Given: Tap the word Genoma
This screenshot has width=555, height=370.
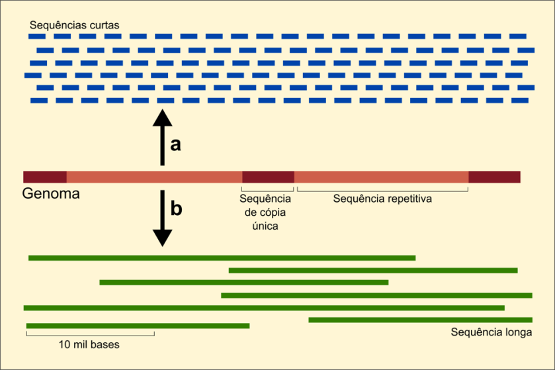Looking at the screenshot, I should tap(51, 195).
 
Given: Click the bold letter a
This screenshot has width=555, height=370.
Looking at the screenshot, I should tap(175, 144).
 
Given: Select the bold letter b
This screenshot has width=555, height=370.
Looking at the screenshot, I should tap(176, 209).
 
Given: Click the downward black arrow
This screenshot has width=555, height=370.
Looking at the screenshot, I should tap(162, 218).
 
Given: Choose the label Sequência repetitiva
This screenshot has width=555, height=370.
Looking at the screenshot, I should tap(382, 199).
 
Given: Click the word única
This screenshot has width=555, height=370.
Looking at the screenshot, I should tap(265, 226).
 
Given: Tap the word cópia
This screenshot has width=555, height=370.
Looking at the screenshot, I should tap(273, 212).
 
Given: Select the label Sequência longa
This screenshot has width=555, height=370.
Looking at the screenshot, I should tap(491, 332).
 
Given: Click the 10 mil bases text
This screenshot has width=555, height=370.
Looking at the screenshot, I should tap(89, 345).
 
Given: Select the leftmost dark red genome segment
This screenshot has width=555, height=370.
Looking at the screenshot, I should tap(45, 177).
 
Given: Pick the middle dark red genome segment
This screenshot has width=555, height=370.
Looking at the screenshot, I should tap(268, 177).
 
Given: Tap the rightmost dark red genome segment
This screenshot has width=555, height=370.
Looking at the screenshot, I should tap(494, 177).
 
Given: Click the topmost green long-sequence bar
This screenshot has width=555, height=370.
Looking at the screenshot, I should tap(222, 257).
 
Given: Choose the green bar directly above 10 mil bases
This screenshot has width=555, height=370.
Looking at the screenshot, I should tap(138, 326).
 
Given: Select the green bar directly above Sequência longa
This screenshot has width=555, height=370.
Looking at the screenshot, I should tap(420, 320).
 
